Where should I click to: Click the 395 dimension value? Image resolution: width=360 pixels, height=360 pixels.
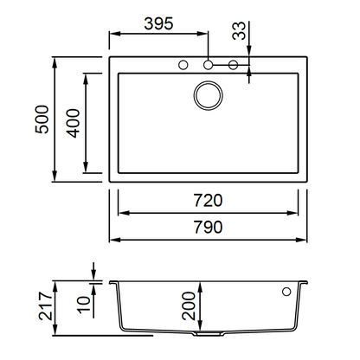click(158, 23)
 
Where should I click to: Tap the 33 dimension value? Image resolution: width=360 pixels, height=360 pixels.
click(239, 30)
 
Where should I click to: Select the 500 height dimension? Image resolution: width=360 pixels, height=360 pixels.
click(42, 119)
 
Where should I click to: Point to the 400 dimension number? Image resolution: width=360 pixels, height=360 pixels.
click(73, 123)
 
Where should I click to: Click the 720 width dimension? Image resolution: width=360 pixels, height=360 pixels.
click(208, 201)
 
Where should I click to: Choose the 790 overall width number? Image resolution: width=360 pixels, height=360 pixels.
click(208, 227)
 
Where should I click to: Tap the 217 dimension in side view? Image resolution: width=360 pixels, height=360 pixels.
click(46, 305)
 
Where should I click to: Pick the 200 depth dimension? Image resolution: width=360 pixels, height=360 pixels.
click(189, 305)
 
